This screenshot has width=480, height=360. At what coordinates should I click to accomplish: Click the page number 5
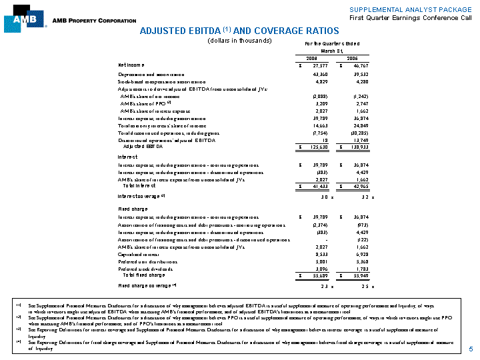(x=470, y=349)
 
